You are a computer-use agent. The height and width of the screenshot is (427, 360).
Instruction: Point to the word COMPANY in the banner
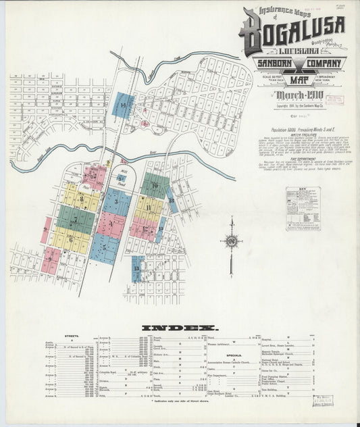click(x=319, y=64)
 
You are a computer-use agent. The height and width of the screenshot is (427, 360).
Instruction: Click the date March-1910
click(x=291, y=93)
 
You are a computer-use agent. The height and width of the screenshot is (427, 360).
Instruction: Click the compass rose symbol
click(x=232, y=238)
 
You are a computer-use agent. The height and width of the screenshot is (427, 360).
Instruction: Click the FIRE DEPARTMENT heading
click(x=292, y=159)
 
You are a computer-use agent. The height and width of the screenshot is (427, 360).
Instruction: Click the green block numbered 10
click(x=155, y=186)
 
